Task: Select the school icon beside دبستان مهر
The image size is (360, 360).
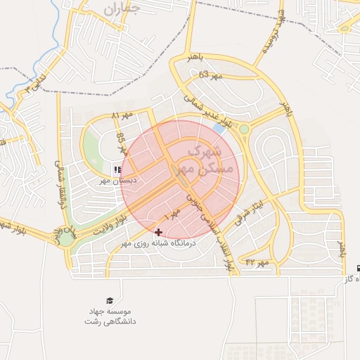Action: [x=117, y=169]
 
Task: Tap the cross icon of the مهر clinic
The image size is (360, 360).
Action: [x=158, y=231]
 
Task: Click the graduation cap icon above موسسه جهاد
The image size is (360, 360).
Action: [x=109, y=300]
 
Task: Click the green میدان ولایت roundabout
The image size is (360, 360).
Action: [x=66, y=238]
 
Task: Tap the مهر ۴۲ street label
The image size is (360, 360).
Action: [x=257, y=262]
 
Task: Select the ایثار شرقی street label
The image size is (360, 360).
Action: [x=252, y=204]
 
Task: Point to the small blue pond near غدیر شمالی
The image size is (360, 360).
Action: [x=220, y=129]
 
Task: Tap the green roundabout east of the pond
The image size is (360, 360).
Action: [x=244, y=129]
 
